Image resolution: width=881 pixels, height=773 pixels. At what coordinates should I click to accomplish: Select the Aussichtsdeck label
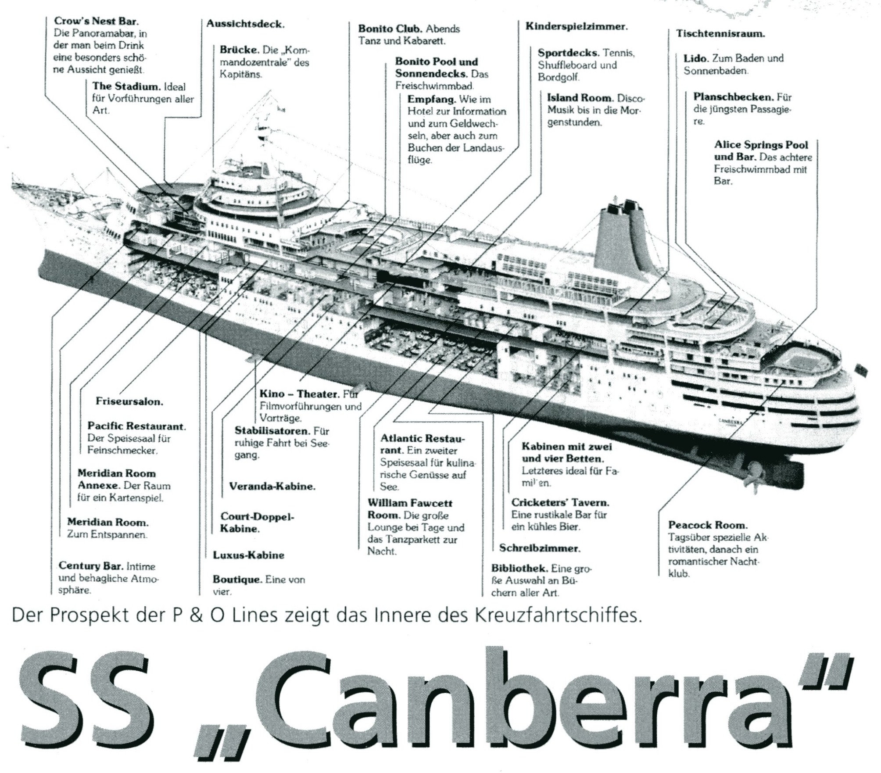pyautogui.click(x=245, y=24)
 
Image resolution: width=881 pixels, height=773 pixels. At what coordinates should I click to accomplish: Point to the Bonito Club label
pyautogui.click(x=390, y=29)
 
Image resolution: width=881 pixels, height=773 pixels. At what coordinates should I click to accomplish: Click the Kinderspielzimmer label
pyautogui.click(x=576, y=26)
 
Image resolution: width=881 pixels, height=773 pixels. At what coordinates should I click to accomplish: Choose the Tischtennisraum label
pyautogui.click(x=720, y=33)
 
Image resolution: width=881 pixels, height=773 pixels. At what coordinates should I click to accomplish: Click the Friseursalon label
pyautogui.click(x=129, y=401)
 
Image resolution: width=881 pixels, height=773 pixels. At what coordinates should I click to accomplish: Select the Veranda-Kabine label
pyautogui.click(x=272, y=487)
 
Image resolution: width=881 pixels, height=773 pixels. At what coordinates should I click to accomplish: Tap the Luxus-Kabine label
pyautogui.click(x=248, y=555)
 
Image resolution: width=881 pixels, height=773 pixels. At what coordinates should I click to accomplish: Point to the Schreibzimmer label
pyautogui.click(x=539, y=548)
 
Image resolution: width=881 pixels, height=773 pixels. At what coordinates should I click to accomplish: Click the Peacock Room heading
pyautogui.click(x=707, y=525)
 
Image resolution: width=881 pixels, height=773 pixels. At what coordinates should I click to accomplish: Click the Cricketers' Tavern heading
pyautogui.click(x=560, y=503)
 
